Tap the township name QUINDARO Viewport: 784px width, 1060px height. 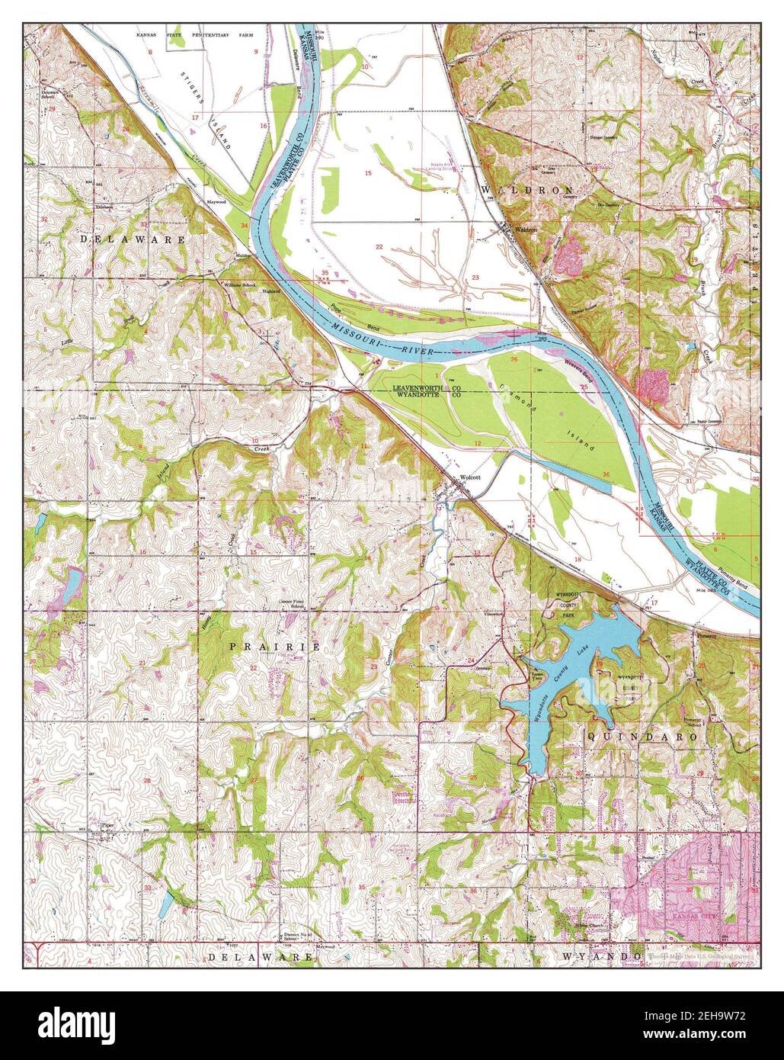tap(642, 737)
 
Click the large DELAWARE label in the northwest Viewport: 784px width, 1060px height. tap(133, 239)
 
